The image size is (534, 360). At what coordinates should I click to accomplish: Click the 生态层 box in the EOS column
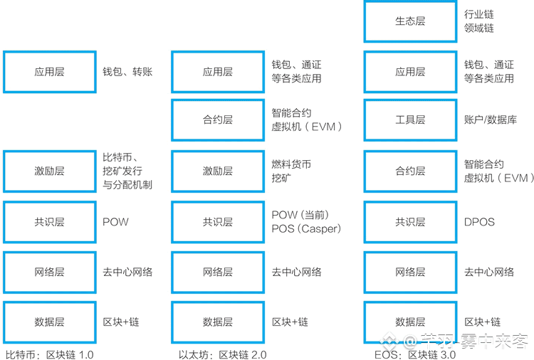tap(409, 21)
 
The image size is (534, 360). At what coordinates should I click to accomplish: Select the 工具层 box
tap(409, 121)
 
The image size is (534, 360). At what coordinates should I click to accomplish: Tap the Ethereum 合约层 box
tap(217, 121)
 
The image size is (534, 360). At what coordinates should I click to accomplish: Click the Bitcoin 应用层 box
tap(49, 71)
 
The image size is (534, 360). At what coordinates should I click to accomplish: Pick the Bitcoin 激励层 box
tap(49, 171)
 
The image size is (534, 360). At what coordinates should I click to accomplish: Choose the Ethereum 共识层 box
tap(217, 222)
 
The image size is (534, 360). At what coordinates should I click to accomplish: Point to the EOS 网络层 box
tap(409, 272)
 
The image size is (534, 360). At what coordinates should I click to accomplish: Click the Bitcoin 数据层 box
tap(49, 322)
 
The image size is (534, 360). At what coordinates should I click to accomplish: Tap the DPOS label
tap(479, 222)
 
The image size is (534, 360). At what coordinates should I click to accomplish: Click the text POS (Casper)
tap(306, 229)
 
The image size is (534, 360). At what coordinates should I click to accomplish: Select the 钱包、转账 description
tap(127, 72)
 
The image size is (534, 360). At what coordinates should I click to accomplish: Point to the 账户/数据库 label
tap(490, 121)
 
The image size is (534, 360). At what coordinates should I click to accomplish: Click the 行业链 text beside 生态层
tap(478, 14)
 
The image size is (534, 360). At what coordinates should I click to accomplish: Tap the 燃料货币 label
tap(291, 164)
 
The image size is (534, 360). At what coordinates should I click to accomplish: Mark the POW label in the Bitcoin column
tap(115, 222)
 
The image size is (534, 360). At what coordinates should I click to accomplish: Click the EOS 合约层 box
tap(409, 171)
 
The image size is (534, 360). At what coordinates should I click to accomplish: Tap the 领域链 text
tap(478, 28)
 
